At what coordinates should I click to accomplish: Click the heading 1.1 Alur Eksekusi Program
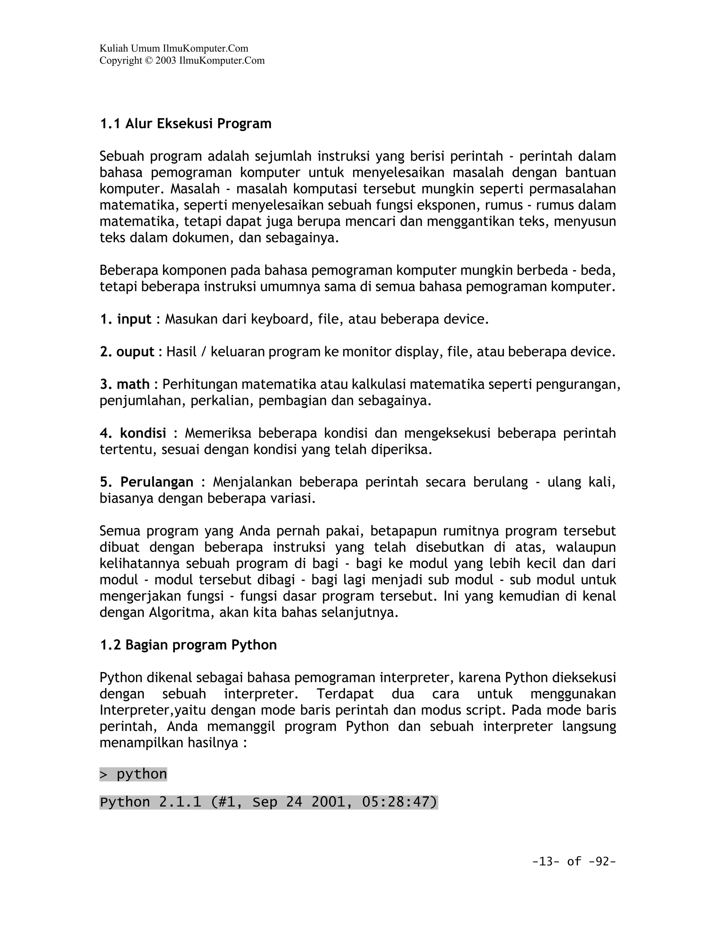pyautogui.click(x=185, y=124)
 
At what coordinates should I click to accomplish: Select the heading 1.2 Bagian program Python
pyautogui.click(x=188, y=645)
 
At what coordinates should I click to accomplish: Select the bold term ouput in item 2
pyautogui.click(x=135, y=352)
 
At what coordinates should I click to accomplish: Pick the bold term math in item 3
pyautogui.click(x=133, y=384)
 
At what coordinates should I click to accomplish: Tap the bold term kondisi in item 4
pyautogui.click(x=143, y=433)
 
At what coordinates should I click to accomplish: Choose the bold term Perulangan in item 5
pyautogui.click(x=157, y=482)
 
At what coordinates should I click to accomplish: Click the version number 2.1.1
pyautogui.click(x=180, y=802)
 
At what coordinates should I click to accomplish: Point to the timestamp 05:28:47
pyautogui.click(x=399, y=802)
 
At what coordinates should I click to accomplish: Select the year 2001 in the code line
pyautogui.click(x=328, y=802)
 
